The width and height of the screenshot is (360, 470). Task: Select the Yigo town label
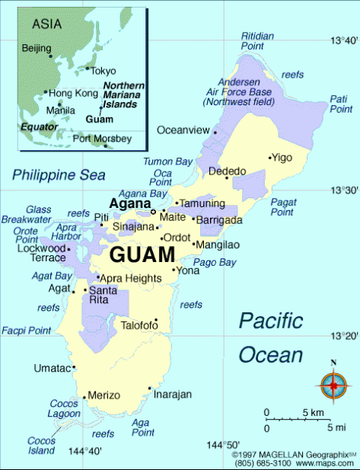click(x=282, y=158)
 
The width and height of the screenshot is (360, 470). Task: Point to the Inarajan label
click(x=172, y=395)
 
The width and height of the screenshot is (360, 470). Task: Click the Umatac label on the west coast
click(x=52, y=369)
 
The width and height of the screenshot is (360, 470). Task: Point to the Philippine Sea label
click(x=59, y=175)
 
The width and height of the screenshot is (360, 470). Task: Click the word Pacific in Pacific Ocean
click(x=270, y=321)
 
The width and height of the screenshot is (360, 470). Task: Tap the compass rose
click(x=333, y=385)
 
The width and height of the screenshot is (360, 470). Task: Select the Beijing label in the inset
click(x=37, y=49)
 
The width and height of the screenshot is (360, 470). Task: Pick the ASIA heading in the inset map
click(x=46, y=24)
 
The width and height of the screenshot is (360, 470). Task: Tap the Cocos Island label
click(x=41, y=446)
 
